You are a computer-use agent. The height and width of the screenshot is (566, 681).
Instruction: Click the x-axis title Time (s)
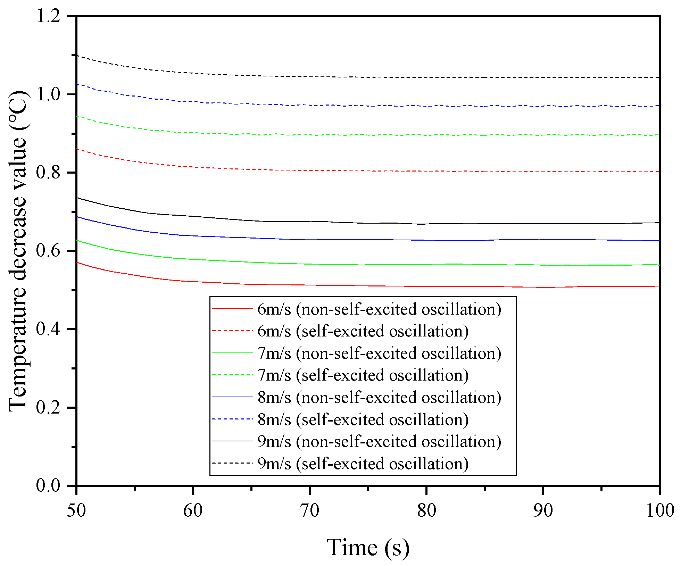[368, 548]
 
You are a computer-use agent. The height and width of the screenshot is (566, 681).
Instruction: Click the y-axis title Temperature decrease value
[18, 251]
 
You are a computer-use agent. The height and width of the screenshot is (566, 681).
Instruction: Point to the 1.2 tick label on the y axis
[48, 16]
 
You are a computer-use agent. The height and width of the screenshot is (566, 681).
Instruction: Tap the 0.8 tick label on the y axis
[48, 173]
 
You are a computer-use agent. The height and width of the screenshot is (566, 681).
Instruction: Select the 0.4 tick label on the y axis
[48, 329]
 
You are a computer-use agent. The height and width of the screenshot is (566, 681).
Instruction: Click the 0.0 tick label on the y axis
[48, 485]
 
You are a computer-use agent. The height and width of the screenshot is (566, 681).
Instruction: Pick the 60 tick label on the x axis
[193, 510]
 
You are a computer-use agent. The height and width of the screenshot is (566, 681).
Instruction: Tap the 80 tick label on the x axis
[426, 510]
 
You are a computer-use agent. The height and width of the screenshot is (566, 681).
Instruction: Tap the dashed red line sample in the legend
[232, 331]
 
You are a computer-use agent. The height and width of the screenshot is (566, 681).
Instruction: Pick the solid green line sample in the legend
[232, 353]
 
